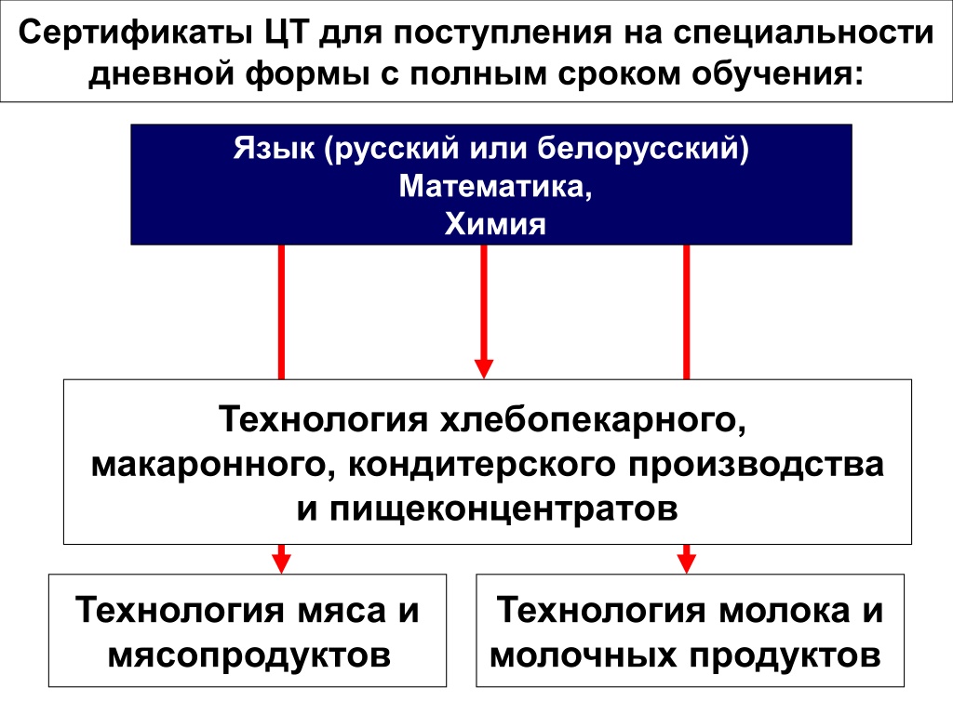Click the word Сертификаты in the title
pyautogui.click(x=135, y=33)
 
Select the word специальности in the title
pyautogui.click(x=803, y=34)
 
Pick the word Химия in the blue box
pyautogui.click(x=495, y=223)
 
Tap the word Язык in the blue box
pyautogui.click(x=275, y=148)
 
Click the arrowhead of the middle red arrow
pyautogui.click(x=484, y=368)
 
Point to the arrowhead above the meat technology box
pyautogui.click(x=281, y=562)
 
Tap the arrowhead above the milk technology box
pyautogui.click(x=686, y=562)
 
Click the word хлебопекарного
pyautogui.click(x=593, y=419)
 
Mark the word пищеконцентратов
pyautogui.click(x=503, y=509)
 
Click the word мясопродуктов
pyautogui.click(x=249, y=655)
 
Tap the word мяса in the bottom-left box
pyautogui.click(x=342, y=610)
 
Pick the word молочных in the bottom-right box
pyautogui.click(x=583, y=655)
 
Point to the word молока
pyautogui.click(x=784, y=610)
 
